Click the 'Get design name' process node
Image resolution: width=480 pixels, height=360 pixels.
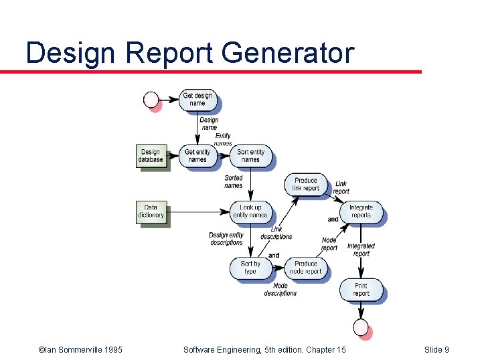197,100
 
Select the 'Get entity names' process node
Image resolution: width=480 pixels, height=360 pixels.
197,156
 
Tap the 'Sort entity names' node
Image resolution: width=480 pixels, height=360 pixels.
250,156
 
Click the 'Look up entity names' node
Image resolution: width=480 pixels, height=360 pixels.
250,211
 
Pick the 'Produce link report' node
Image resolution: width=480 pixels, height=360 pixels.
306,185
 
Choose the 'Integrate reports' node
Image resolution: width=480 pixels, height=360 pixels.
361,211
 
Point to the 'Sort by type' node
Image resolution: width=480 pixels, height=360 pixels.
250,268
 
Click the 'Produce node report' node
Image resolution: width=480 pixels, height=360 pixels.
306,268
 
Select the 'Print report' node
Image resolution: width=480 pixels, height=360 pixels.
361,290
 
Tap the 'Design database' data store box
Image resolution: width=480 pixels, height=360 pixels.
151,156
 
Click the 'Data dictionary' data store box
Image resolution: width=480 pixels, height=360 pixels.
151,211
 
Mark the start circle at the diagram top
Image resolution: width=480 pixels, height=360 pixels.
151,100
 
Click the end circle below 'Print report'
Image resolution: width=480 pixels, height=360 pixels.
362,327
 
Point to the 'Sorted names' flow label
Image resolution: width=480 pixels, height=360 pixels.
234,181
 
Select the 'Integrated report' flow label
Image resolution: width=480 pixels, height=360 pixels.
361,250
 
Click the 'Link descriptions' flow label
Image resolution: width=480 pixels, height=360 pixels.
276,233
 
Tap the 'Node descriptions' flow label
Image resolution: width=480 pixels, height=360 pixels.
280,290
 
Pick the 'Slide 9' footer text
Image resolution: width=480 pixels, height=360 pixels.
437,349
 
